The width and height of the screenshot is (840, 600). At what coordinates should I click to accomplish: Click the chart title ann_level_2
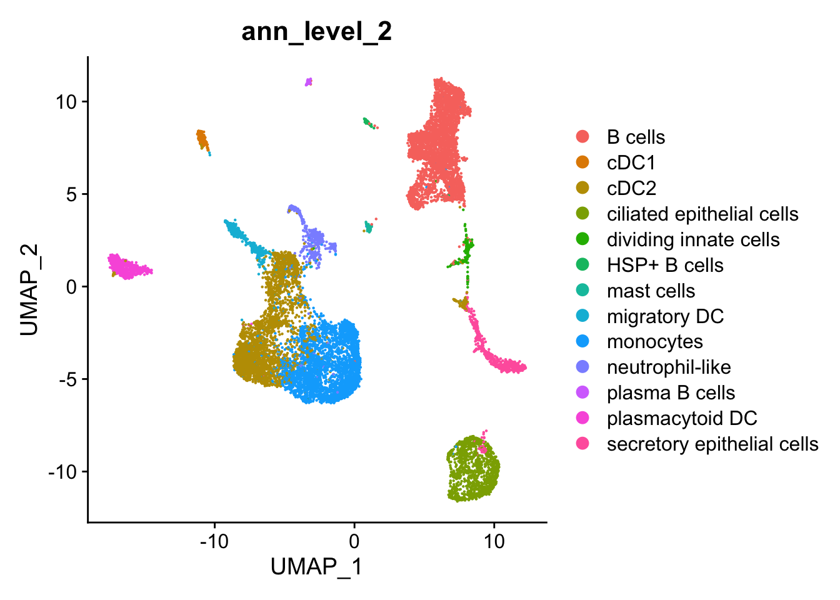316,31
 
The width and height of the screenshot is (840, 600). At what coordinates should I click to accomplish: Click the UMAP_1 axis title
316,567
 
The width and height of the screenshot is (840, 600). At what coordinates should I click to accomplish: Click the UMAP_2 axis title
29,289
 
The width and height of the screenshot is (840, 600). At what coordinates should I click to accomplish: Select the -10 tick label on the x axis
214,541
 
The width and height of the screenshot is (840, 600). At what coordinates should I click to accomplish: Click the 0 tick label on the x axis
354,541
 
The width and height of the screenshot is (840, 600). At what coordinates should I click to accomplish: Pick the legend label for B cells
636,137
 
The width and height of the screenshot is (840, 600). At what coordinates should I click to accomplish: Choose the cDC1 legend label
631,162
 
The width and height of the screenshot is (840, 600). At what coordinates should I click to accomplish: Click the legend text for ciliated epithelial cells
702,214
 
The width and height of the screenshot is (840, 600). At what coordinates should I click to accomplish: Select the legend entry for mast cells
651,291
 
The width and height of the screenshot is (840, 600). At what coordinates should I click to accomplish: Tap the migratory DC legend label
665,316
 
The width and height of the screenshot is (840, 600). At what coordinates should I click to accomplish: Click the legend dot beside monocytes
582,342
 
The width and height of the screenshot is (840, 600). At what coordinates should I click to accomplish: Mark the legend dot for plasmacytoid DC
582,419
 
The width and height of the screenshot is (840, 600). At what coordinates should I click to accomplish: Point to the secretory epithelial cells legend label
712,444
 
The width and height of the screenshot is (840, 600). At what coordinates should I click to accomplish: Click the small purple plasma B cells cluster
308,82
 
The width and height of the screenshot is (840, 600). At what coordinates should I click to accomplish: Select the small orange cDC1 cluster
202,139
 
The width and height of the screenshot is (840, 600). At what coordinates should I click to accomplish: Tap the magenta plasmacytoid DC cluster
127,267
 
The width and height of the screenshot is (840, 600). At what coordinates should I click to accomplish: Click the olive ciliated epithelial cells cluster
472,469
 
